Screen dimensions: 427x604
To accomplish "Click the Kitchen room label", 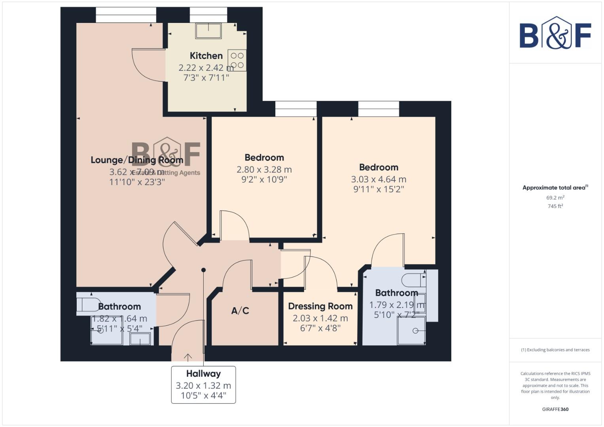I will tap(206, 56).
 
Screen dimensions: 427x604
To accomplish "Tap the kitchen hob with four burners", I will tap(237, 60).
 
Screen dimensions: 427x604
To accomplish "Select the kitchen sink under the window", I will tap(208, 30).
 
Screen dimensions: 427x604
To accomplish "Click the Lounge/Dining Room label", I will tap(137, 160).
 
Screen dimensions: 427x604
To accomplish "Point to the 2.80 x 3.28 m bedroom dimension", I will tap(264, 170).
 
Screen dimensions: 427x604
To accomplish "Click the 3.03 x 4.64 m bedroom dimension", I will tap(379, 179).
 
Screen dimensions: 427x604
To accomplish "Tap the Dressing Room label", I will tap(320, 306).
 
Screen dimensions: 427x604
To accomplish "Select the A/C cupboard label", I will tap(240, 311).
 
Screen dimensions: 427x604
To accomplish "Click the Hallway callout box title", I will tap(203, 374).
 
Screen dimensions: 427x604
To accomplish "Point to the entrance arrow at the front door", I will tap(188, 357).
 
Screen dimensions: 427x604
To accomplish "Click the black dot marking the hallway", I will tap(204, 270).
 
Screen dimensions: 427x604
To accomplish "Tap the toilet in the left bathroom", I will tap(88, 304).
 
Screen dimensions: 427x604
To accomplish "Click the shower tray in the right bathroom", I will tap(411, 331).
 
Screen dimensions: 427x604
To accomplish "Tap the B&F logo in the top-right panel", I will tap(555, 33).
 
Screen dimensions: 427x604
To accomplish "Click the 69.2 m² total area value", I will tap(555, 198).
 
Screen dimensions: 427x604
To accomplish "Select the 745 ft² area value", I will tap(555, 206).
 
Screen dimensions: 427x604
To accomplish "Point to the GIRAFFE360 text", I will tap(555, 409).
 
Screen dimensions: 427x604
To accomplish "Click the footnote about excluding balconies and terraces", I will tap(555, 350).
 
